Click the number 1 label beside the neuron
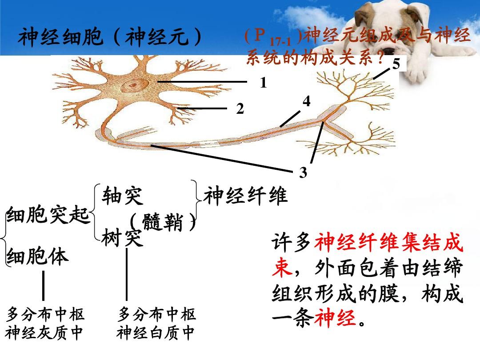coord(264,83)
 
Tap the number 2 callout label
coord(240,109)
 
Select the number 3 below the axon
coord(303,172)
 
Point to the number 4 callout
coord(306,101)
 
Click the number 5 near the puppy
coord(396,64)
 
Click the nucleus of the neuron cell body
coord(132,85)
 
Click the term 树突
coord(123,237)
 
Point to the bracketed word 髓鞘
coord(163,222)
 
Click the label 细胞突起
coord(48,214)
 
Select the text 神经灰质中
coord(44,333)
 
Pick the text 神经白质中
coord(156,333)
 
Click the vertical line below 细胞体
coord(43,286)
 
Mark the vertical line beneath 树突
coord(126,274)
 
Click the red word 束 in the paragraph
coord(282,268)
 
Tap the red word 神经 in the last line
coord(335,318)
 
